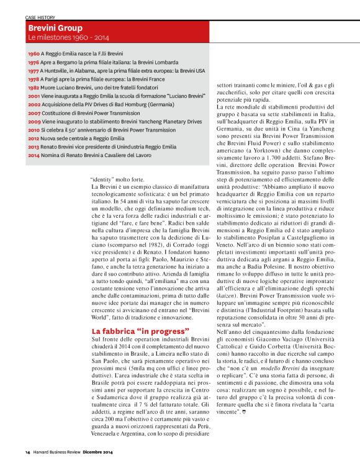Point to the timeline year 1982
coord(34,89)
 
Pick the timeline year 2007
coord(34,114)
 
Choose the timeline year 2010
coord(34,131)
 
